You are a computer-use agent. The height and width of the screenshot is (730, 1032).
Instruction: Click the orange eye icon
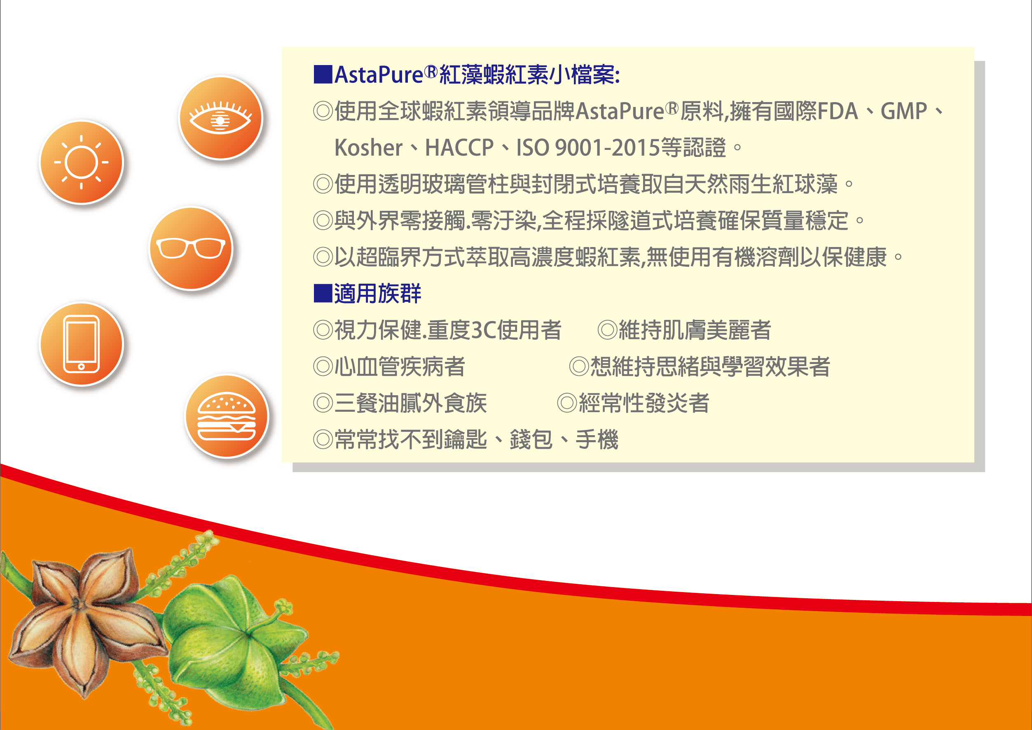[220, 118]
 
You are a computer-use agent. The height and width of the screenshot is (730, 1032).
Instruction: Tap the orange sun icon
[82, 162]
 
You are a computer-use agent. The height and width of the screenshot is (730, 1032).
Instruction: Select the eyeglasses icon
[191, 248]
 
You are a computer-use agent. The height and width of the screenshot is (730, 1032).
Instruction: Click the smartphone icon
[82, 344]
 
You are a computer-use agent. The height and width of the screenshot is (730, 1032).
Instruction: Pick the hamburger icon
[227, 416]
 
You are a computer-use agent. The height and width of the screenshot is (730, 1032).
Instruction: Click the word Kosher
[368, 148]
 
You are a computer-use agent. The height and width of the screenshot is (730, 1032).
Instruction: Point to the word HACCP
[459, 148]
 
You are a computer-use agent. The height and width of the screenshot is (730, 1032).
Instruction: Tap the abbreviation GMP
[904, 111]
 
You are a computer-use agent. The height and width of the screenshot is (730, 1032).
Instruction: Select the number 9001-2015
[608, 148]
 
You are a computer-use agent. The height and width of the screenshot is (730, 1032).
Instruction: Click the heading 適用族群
[377, 294]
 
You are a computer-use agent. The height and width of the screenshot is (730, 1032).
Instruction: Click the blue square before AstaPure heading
[323, 75]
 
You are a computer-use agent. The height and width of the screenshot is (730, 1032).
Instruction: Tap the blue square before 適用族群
[323, 294]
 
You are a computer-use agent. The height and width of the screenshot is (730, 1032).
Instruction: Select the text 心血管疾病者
[399, 367]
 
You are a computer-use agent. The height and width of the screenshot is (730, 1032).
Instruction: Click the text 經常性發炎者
[644, 403]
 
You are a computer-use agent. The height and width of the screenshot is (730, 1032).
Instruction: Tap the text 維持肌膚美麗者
[695, 330]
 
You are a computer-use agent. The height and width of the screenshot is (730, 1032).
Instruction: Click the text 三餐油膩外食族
[411, 403]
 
